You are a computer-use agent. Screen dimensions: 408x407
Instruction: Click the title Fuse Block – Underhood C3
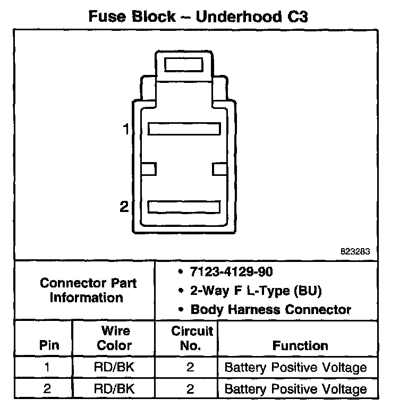point(198,16)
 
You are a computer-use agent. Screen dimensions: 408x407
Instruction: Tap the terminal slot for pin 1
point(184,129)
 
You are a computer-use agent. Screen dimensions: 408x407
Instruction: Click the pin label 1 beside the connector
point(126,129)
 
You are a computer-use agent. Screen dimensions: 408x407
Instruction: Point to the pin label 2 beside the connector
point(124,207)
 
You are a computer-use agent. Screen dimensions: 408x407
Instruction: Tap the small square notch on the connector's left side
point(149,168)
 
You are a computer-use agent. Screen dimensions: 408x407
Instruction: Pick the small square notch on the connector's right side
point(219,168)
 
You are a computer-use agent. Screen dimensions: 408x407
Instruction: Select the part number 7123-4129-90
point(231,272)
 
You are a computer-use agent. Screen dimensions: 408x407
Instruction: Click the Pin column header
point(49,345)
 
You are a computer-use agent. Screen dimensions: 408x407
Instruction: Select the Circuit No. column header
point(192,338)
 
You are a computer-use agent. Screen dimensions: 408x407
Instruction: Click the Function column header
point(300,345)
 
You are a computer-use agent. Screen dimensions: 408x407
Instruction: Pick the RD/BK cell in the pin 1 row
point(114,368)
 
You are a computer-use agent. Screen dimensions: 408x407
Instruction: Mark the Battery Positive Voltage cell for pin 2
point(295,388)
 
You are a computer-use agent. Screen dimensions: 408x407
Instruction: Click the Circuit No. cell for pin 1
point(190,368)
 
